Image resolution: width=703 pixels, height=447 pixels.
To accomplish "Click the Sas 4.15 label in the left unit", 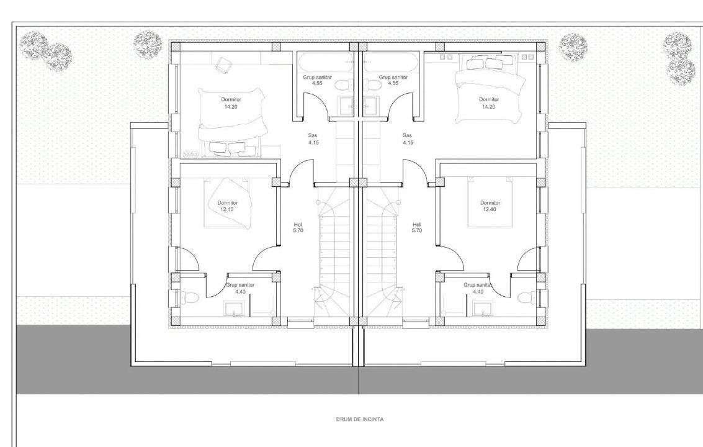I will tap(313, 139).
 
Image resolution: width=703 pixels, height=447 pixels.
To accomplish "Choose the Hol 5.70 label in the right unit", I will tap(416, 227).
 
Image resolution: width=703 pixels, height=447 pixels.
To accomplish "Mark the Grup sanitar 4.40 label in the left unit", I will tap(240, 288).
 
